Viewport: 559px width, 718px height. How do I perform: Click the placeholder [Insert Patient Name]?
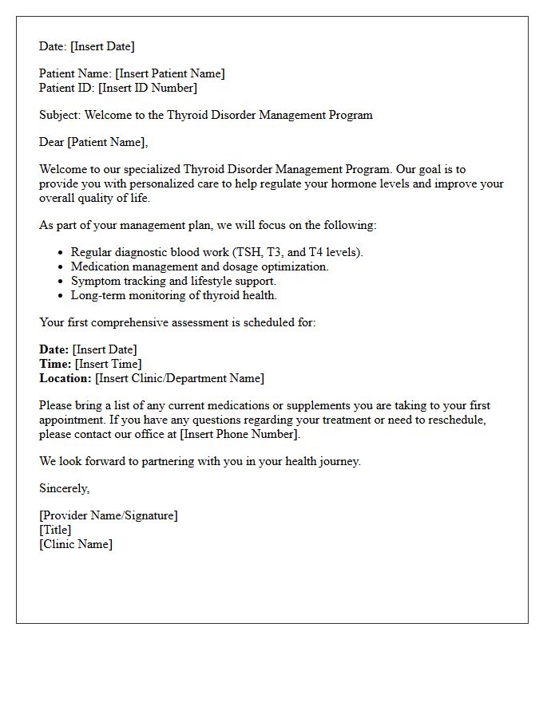[170, 73]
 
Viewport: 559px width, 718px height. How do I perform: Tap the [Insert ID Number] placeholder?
[148, 88]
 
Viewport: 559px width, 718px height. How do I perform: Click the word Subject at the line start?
[59, 115]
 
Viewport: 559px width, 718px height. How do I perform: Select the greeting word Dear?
[52, 142]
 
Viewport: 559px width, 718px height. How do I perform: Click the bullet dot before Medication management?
[61, 267]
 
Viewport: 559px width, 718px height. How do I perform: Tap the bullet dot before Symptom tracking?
[61, 282]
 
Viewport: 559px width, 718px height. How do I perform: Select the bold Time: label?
[55, 364]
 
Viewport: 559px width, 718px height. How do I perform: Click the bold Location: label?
[65, 378]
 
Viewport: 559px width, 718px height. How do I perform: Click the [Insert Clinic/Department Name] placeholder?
[180, 378]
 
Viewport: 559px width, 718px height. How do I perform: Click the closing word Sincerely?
[64, 488]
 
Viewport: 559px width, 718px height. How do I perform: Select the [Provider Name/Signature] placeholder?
[109, 515]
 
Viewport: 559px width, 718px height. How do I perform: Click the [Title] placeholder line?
[55, 530]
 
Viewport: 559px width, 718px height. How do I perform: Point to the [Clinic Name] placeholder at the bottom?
[76, 544]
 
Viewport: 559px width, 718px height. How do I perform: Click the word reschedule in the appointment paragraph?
[455, 420]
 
